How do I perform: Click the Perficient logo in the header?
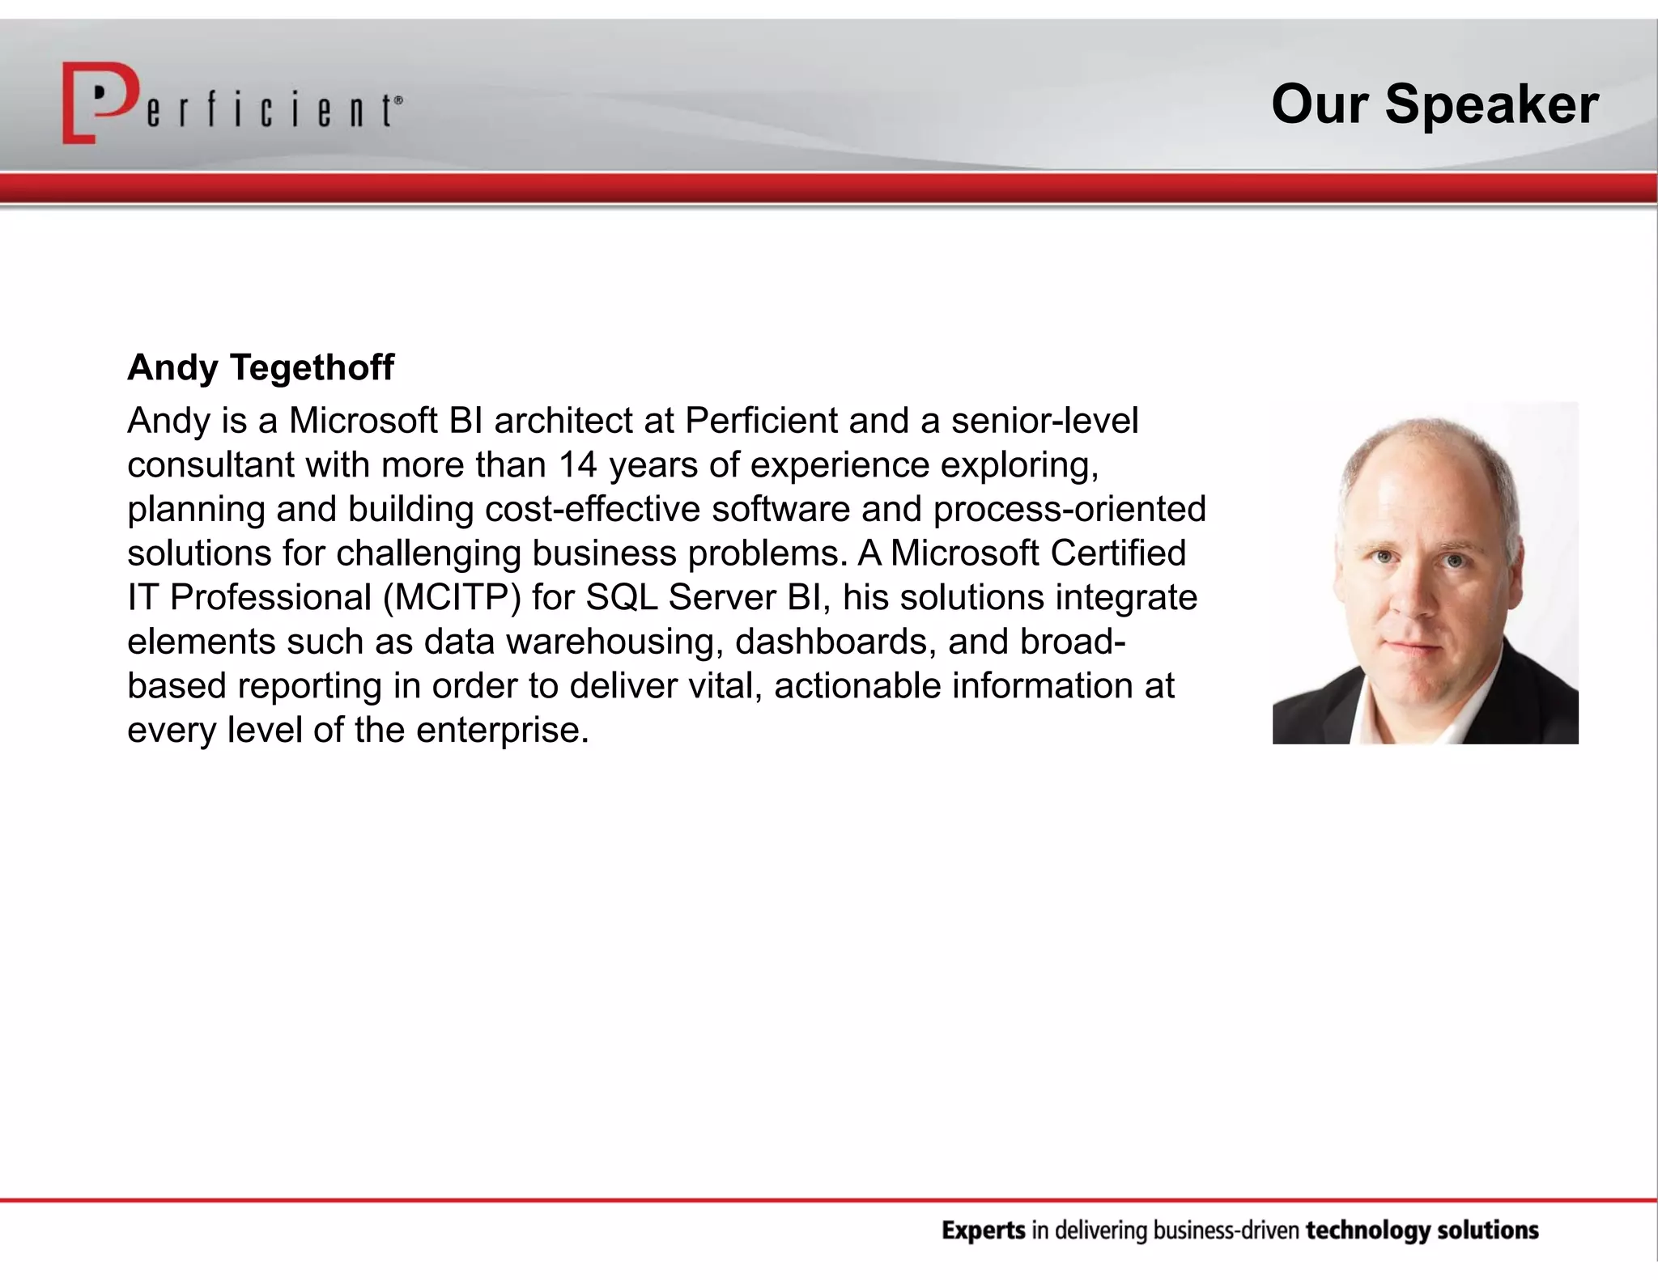tap(232, 104)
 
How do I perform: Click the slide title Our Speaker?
tap(1434, 104)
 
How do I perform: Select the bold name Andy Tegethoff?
tap(261, 367)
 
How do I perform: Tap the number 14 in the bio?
tap(577, 465)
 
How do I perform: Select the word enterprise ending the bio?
tap(502, 731)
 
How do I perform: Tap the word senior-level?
tap(1044, 421)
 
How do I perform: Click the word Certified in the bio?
tap(1118, 553)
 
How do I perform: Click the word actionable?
tap(857, 686)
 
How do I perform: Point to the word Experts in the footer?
tap(984, 1231)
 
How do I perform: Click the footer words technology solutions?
tap(1422, 1231)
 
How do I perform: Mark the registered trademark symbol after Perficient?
tap(397, 100)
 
